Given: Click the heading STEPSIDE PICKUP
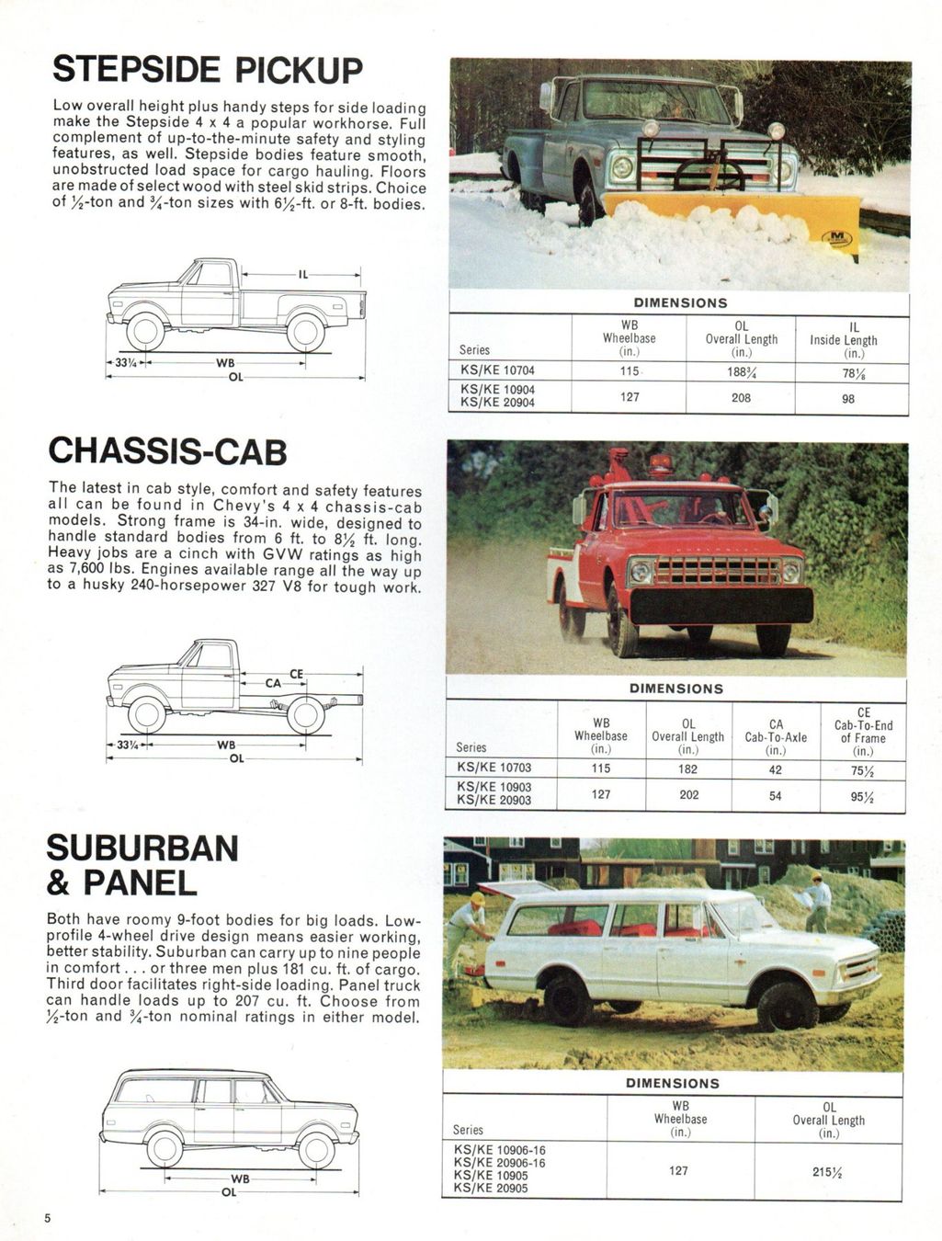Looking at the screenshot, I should coord(208,70).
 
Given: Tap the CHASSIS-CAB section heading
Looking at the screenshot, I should coord(167,451).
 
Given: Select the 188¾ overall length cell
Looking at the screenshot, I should coord(741,371).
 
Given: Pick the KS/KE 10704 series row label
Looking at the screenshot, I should coord(497,371).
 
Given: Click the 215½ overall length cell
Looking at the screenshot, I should coord(828,1171).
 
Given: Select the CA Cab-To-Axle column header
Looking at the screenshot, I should coord(776,731).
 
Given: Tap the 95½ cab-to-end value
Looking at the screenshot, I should coord(862,796).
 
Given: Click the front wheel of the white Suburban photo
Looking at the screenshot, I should coord(786,1005).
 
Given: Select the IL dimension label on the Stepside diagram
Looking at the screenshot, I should coord(303,274).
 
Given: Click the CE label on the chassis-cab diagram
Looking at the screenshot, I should coord(297,674).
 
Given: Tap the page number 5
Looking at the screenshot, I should coord(49,1218).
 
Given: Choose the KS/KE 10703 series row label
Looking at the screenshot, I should coord(494,768).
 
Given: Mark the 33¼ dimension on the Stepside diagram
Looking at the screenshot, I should coord(127,363).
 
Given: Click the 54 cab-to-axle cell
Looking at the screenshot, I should coord(776,795).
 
